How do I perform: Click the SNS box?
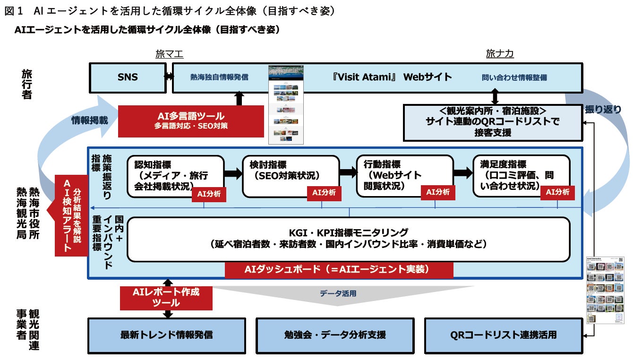tap(128, 77)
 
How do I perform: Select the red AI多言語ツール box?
tap(190, 121)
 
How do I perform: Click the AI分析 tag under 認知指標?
tap(208, 193)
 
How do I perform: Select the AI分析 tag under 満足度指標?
tap(557, 192)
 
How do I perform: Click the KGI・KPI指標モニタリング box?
tap(348, 239)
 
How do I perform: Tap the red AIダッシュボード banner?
tap(339, 269)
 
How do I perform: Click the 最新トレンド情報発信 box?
tap(166, 335)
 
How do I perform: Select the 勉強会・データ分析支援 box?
tap(334, 335)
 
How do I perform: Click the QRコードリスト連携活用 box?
tap(503, 335)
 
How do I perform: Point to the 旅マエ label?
tap(169, 54)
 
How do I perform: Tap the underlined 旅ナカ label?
tap(500, 54)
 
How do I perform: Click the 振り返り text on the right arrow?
tap(603, 109)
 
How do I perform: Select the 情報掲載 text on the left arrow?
tap(90, 120)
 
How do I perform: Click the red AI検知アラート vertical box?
tap(71, 215)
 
